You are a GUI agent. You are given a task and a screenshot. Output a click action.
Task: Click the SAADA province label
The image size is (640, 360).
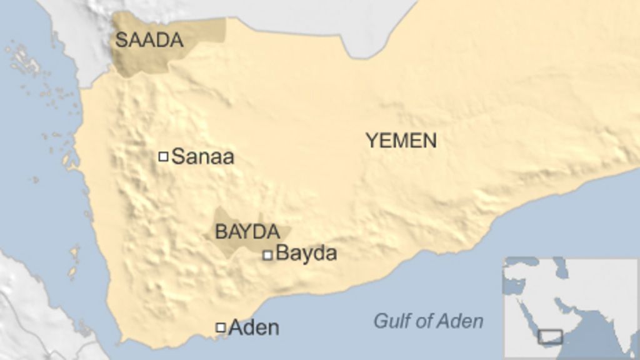[149, 41]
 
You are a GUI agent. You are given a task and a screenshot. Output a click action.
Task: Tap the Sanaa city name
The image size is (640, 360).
[202, 156]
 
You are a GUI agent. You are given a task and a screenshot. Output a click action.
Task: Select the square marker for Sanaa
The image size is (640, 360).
[163, 156]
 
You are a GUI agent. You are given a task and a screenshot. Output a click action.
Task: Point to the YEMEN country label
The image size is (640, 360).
[401, 141]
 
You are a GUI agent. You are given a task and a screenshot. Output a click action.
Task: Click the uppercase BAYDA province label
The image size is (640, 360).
[247, 232]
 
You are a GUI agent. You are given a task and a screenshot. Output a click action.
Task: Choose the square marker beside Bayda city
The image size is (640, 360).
[267, 254]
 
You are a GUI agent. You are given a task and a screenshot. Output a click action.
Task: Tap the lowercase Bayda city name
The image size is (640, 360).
[306, 253]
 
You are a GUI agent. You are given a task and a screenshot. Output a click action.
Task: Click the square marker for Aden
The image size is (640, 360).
[221, 327]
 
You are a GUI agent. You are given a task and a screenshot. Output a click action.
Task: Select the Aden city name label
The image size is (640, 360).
[254, 327]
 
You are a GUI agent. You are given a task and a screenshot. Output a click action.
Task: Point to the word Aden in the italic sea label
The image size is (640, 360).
[460, 321]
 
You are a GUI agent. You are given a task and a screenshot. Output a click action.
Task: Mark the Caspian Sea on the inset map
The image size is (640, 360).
[561, 270]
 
